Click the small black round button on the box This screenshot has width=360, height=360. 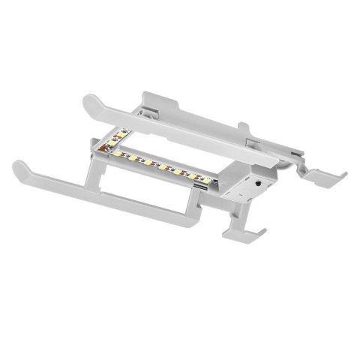(x=259, y=181)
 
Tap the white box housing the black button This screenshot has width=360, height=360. (x=251, y=187)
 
